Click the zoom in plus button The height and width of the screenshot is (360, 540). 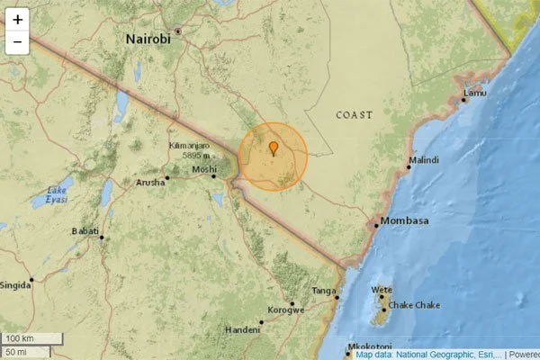click(18, 19)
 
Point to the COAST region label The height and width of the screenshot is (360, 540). click(354, 115)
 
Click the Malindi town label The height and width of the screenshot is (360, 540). click(424, 160)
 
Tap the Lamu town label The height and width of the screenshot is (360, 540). click(475, 93)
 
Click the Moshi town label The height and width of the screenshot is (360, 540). click(203, 169)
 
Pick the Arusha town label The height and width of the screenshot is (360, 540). click(149, 182)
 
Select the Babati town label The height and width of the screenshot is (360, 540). click(85, 231)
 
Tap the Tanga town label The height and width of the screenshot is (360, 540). click(323, 291)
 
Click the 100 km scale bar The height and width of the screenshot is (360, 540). click(32, 338)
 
